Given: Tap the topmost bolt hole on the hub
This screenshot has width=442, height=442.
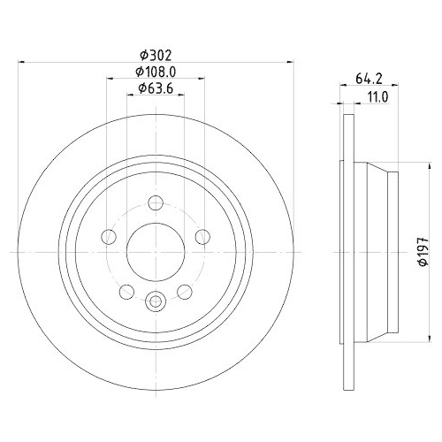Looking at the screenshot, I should click(155, 201).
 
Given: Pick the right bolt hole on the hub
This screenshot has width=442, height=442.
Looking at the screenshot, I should click(202, 235).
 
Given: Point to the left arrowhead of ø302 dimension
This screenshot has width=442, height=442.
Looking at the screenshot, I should click(21, 62).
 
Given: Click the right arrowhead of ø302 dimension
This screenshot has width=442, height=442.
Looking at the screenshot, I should click(290, 62).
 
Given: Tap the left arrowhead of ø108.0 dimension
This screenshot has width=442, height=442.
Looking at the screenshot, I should click(110, 79).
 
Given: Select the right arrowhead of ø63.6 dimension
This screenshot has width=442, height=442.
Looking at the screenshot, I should click(184, 95).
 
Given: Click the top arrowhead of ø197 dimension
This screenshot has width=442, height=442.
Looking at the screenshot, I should click(415, 166).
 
